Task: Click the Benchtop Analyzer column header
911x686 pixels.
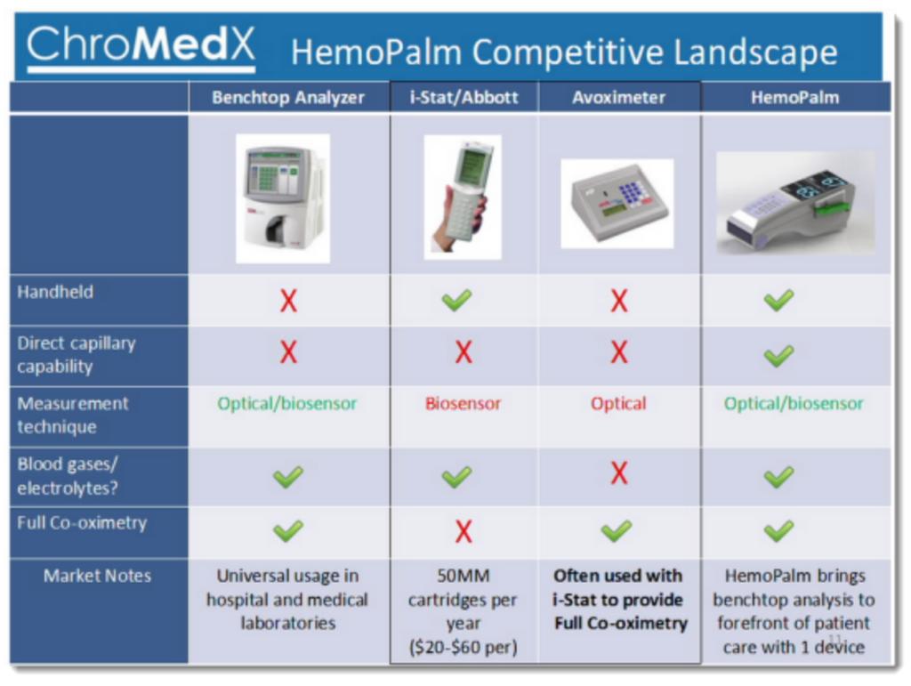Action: [288, 98]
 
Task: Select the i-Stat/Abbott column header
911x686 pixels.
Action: [464, 98]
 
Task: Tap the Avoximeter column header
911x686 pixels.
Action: [619, 98]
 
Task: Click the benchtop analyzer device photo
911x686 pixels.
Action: [283, 198]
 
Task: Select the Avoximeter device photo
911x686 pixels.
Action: [617, 203]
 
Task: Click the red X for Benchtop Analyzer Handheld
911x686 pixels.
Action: [288, 301]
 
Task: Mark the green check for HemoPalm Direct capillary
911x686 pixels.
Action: [778, 355]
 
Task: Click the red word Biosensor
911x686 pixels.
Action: [463, 404]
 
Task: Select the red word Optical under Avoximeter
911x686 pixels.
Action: [618, 404]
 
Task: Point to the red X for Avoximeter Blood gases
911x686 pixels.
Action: [619, 473]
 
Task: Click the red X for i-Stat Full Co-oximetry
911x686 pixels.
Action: [463, 531]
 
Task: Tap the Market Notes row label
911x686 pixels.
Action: [98, 576]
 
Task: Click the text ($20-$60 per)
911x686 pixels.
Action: [463, 647]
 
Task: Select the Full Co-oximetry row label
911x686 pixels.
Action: [81, 522]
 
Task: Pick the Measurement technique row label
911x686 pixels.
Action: [73, 415]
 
